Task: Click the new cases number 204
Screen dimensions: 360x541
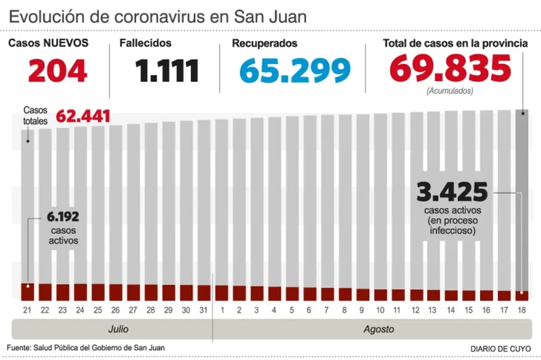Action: [x=58, y=71]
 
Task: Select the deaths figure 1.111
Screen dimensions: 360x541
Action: [x=167, y=71]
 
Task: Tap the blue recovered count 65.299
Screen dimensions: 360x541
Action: [x=295, y=71]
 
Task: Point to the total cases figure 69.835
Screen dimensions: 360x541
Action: [x=450, y=69]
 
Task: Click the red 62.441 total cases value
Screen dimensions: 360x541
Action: [x=83, y=116]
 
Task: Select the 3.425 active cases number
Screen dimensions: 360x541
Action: [x=452, y=192]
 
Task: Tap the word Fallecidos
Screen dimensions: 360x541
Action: [x=145, y=43]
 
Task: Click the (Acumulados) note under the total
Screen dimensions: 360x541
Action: [x=450, y=91]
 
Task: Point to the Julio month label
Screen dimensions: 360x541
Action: [x=117, y=329]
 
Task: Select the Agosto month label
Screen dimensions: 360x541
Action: [x=378, y=329]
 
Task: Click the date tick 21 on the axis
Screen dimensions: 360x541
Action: [x=27, y=310]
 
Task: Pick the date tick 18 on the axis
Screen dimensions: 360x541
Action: [x=522, y=310]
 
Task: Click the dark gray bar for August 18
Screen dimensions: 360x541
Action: [x=522, y=200]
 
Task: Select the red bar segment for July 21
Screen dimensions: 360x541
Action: [x=27, y=292]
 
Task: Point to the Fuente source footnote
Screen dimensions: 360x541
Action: [x=86, y=348]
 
